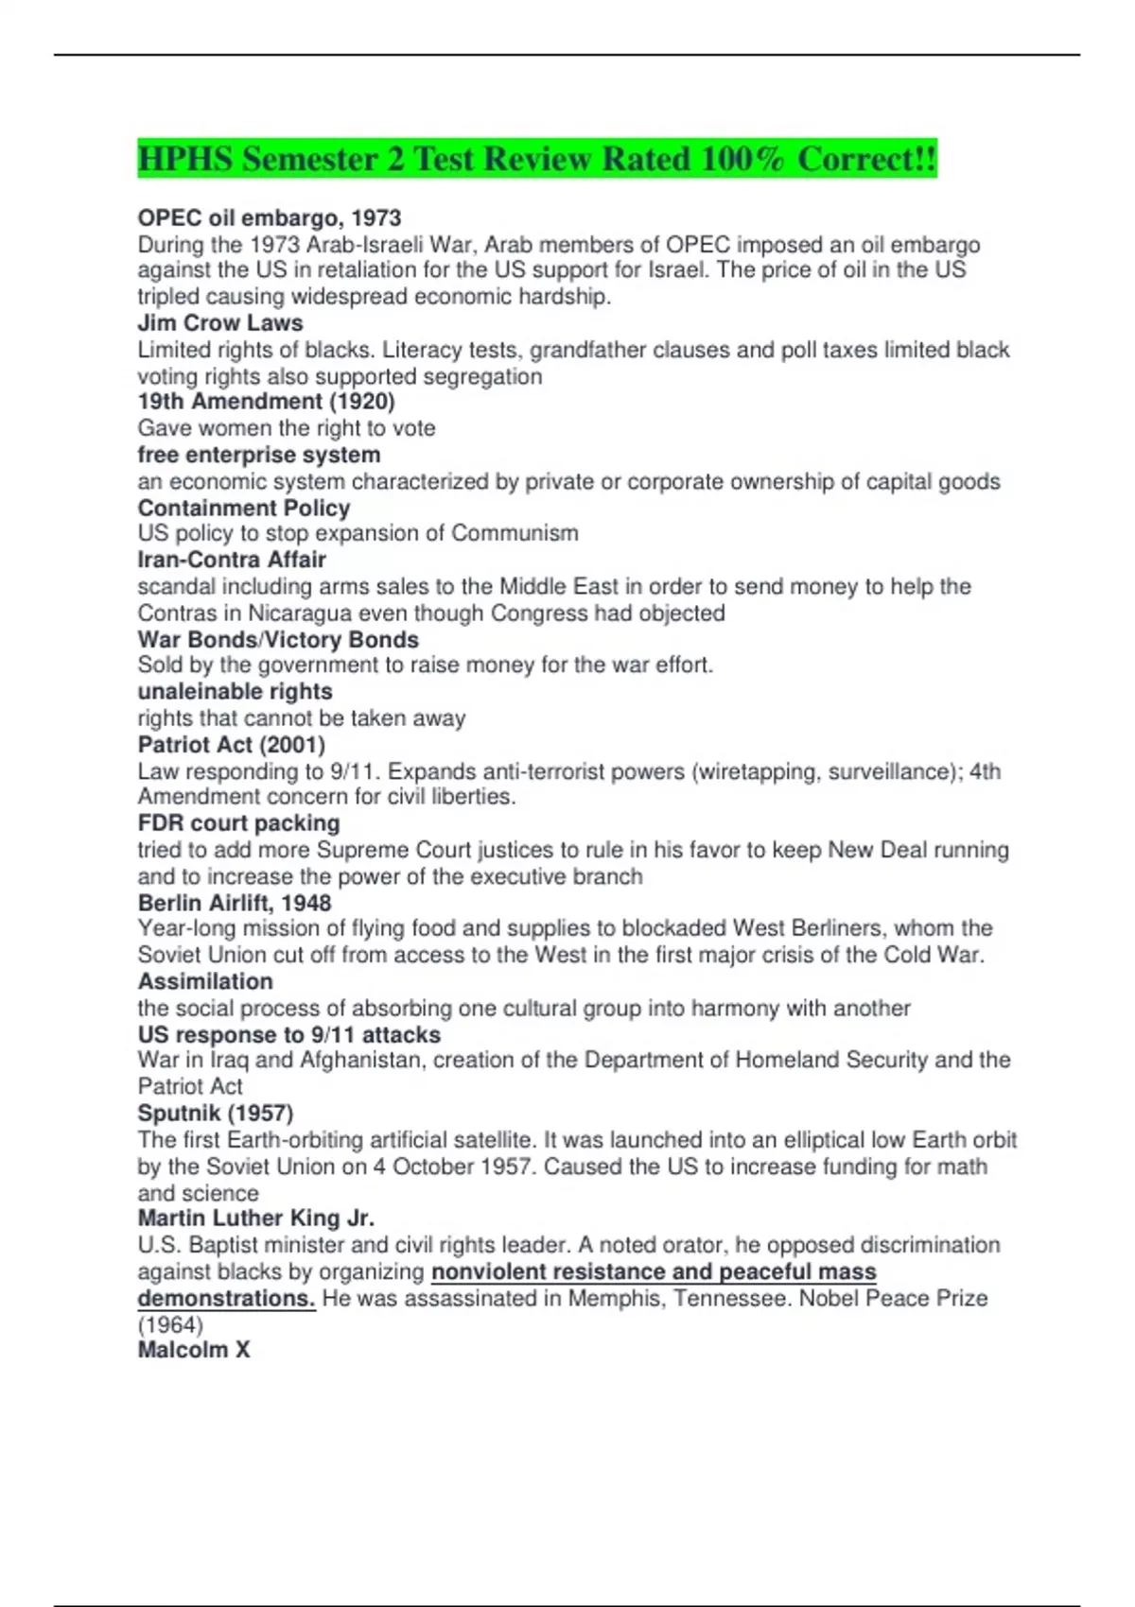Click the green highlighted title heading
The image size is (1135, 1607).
click(536, 159)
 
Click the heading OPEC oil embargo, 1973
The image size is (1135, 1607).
click(270, 218)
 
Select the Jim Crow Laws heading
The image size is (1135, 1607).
click(220, 323)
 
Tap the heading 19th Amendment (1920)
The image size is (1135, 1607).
click(266, 402)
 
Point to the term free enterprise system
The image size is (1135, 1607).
click(258, 455)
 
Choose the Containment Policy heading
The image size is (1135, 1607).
click(244, 508)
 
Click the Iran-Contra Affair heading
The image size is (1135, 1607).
click(232, 560)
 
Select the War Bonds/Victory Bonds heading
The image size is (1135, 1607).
click(278, 639)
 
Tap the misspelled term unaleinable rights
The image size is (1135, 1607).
click(235, 691)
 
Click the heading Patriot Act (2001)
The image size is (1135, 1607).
click(232, 745)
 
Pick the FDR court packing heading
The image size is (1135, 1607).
click(238, 823)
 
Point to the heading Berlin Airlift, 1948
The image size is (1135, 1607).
click(235, 903)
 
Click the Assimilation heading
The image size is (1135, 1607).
click(205, 981)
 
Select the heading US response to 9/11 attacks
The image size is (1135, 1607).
click(289, 1035)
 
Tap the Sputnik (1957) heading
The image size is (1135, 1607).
click(216, 1114)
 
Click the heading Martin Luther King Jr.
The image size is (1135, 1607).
click(255, 1218)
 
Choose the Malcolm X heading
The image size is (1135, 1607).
click(194, 1350)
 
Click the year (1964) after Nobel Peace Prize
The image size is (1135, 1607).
click(170, 1325)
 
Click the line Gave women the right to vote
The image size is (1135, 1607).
click(287, 428)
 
